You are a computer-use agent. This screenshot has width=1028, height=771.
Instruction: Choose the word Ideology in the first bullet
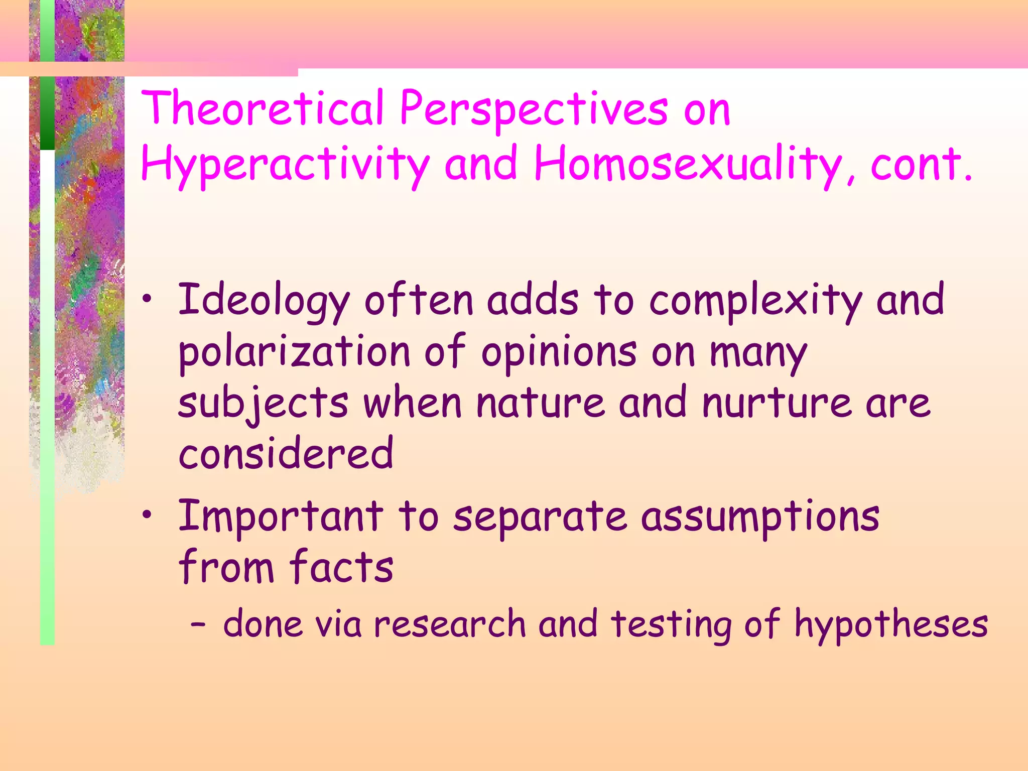264,301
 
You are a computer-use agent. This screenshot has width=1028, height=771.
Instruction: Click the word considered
286,453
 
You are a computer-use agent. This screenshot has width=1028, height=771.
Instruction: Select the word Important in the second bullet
281,517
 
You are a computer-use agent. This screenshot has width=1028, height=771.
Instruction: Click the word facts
341,567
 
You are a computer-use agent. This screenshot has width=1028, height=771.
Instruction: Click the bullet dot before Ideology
147,300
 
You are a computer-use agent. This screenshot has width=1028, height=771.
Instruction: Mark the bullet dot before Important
147,515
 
